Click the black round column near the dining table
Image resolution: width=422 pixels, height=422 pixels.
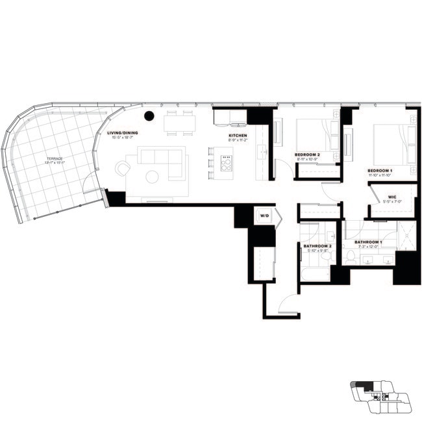click(149, 116)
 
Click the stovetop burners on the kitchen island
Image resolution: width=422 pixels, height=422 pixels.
click(226, 164)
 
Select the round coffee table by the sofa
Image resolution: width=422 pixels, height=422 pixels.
click(152, 176)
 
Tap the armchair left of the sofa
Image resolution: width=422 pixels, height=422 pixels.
click(123, 169)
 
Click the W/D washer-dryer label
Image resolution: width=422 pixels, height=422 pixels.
click(264, 215)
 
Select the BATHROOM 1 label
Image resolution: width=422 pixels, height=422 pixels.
click(369, 243)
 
